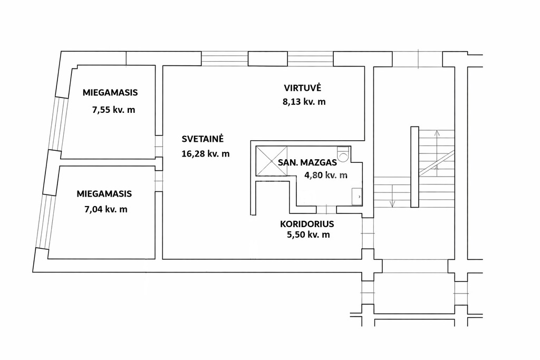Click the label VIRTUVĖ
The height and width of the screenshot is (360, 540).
(x=302, y=87)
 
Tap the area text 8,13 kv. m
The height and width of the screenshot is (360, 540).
(x=304, y=102)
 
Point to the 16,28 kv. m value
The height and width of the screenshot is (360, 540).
(x=205, y=153)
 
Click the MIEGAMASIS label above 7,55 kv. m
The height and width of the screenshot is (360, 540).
(x=110, y=93)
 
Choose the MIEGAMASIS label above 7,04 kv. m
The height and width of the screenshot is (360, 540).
(x=104, y=194)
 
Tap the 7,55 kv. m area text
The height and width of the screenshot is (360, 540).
(x=114, y=110)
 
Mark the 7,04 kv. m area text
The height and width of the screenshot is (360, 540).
(x=105, y=209)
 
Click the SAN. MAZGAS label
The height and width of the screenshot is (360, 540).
(x=307, y=162)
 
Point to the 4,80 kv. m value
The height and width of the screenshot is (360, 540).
(x=326, y=175)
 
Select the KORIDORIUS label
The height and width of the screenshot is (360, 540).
(x=307, y=224)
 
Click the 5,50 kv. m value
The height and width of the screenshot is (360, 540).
(x=308, y=235)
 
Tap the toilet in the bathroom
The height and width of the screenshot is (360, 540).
(x=343, y=154)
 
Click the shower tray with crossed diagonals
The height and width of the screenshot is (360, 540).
(x=272, y=161)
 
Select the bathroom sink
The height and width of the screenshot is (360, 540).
(x=357, y=197)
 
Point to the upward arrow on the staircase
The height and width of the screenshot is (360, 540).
(x=437, y=150)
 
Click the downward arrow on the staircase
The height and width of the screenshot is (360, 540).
(x=392, y=196)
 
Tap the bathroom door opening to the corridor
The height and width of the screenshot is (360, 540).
(x=326, y=209)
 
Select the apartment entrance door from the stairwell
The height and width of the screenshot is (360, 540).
(x=368, y=233)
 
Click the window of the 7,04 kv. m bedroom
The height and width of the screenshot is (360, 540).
(x=45, y=222)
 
